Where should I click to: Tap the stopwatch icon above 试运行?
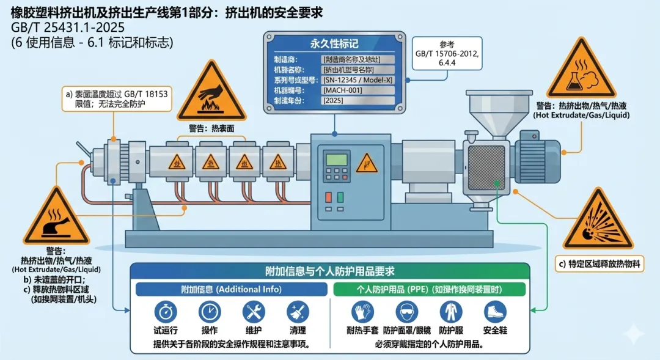click(165, 312)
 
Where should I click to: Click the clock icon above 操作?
click(208, 312)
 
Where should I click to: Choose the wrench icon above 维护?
click(253, 312)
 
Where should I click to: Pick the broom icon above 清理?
click(298, 312)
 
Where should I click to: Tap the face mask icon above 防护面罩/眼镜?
click(406, 312)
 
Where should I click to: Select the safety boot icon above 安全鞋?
click(495, 312)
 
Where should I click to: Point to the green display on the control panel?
click(337, 160)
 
